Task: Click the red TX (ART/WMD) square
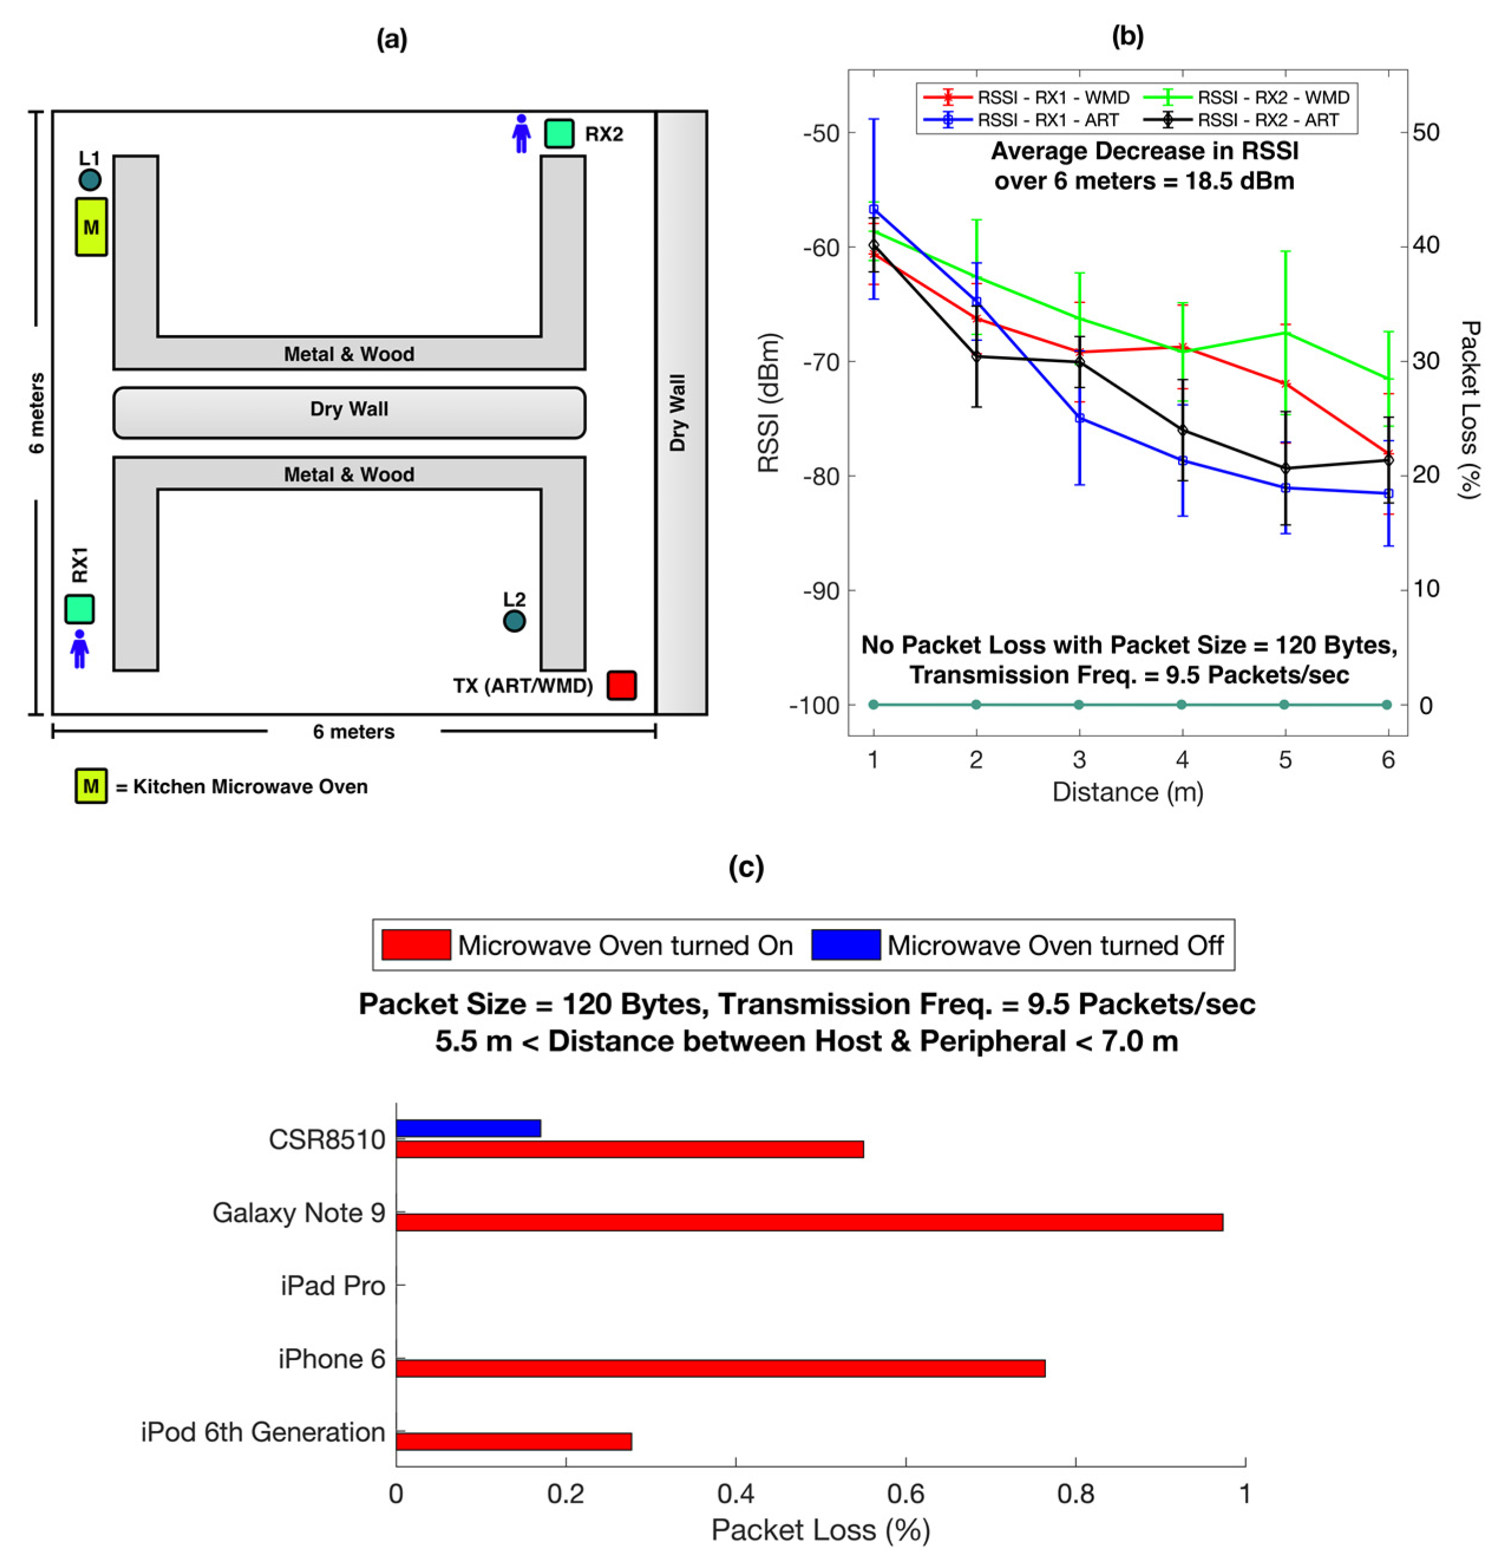pyautogui.click(x=621, y=685)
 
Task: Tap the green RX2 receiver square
pyautogui.click(x=559, y=133)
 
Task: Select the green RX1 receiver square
pyautogui.click(x=79, y=609)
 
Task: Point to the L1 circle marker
pyautogui.click(x=90, y=180)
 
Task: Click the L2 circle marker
pyautogui.click(x=514, y=621)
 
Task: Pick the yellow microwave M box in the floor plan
pyautogui.click(x=91, y=227)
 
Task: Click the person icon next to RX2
pyautogui.click(x=521, y=133)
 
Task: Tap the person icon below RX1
pyautogui.click(x=79, y=649)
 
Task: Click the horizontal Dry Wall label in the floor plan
pyautogui.click(x=349, y=409)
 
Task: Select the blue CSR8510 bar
pyautogui.click(x=468, y=1128)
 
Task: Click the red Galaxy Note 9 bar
pyautogui.click(x=809, y=1223)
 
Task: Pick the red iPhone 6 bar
pyautogui.click(x=720, y=1368)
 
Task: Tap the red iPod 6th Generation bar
pyautogui.click(x=513, y=1442)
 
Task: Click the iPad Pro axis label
pyautogui.click(x=333, y=1286)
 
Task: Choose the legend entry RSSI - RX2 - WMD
pyautogui.click(x=1272, y=97)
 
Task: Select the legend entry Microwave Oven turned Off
pyautogui.click(x=1055, y=945)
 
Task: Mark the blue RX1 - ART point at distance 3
pyautogui.click(x=1080, y=418)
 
